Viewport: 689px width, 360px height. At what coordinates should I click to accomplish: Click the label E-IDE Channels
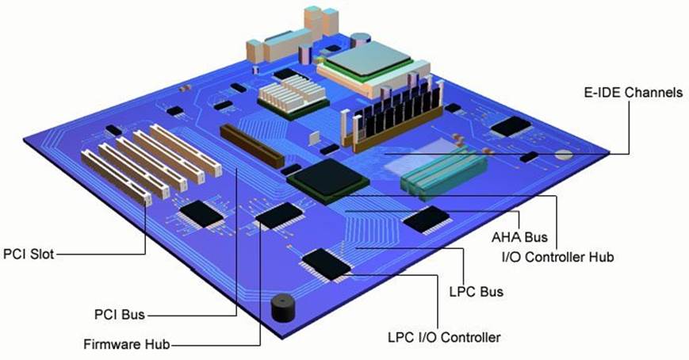point(633,92)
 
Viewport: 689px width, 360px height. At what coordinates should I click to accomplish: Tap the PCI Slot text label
point(29,254)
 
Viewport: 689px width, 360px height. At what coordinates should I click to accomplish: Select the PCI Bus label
point(120,315)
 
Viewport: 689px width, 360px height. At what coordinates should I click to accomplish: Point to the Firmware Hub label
point(127,344)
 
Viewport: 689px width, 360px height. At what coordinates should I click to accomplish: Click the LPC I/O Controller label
point(444,338)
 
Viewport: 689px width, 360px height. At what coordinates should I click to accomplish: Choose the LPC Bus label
point(477,292)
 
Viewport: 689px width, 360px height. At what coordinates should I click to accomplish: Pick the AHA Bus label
point(519,237)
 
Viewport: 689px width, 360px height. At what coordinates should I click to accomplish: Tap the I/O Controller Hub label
point(557,257)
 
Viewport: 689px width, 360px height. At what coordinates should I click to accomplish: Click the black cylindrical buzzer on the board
point(282,308)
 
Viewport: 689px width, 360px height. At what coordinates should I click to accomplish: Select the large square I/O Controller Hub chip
point(327,181)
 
